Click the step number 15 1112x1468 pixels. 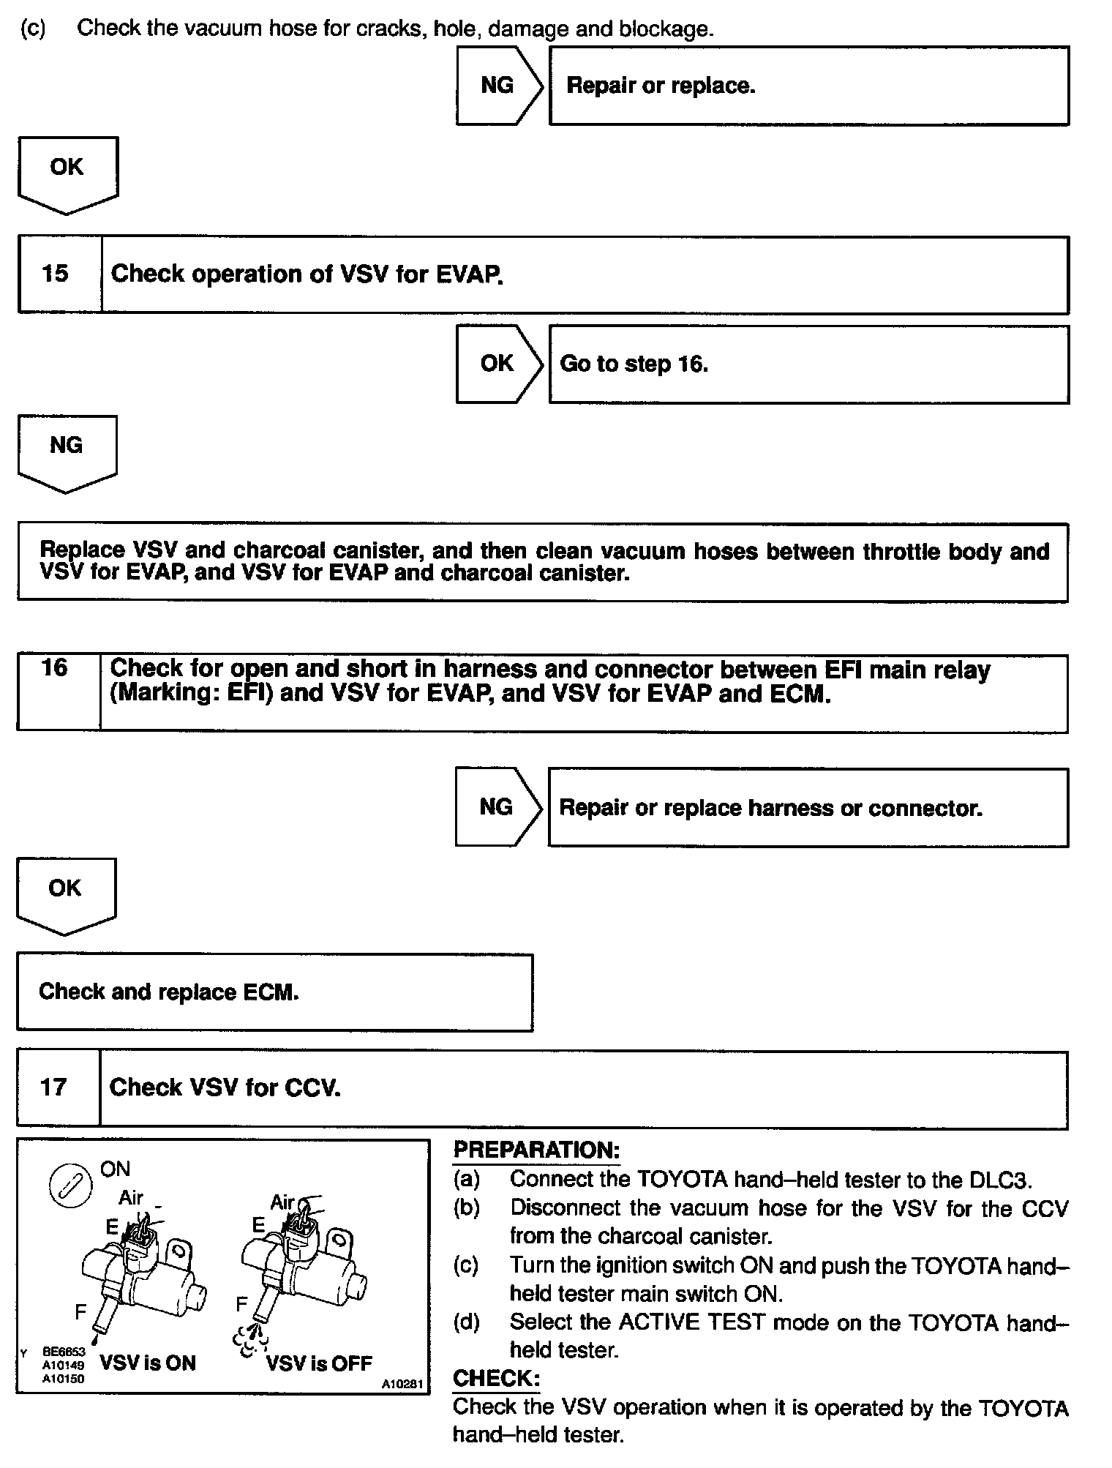pyautogui.click(x=55, y=274)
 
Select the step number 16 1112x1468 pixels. pyautogui.click(x=55, y=667)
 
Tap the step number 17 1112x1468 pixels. pyautogui.click(x=53, y=1087)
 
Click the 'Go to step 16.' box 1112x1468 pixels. pyautogui.click(x=808, y=364)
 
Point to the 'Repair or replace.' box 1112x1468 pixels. pyautogui.click(x=808, y=86)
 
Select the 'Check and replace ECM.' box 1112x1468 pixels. pyautogui.click(x=274, y=992)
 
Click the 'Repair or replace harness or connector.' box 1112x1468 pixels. pyautogui.click(x=808, y=807)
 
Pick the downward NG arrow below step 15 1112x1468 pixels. pyautogui.click(x=67, y=450)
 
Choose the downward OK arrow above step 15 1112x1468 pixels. pyautogui.click(x=67, y=173)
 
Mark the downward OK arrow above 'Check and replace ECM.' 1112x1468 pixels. pyautogui.click(x=66, y=894)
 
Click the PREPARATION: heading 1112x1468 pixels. pyautogui.click(x=536, y=1150)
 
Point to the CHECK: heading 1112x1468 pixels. pyautogui.click(x=496, y=1379)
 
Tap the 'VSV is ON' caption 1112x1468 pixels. pyautogui.click(x=148, y=1363)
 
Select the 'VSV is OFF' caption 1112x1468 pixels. pyautogui.click(x=319, y=1363)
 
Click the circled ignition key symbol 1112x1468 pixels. pyautogui.click(x=70, y=1186)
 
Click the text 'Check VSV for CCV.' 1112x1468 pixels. pyautogui.click(x=225, y=1087)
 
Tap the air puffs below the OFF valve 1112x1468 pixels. pyautogui.click(x=250, y=1340)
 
